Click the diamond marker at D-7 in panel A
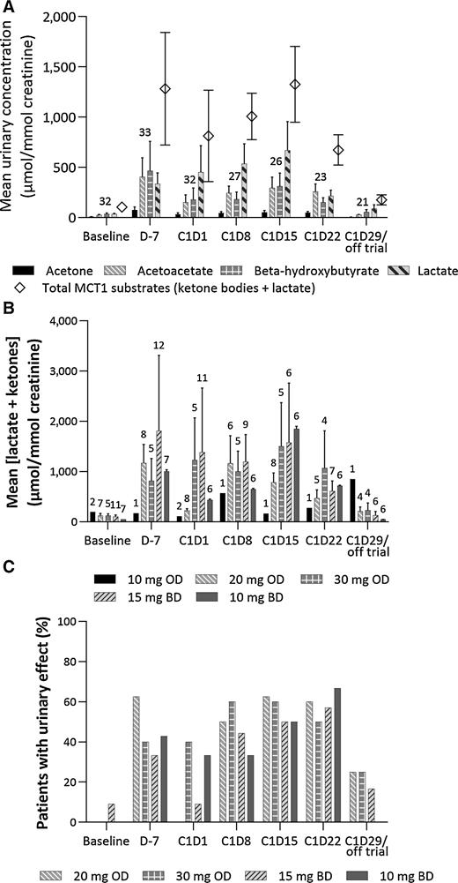pyautogui.click(x=165, y=89)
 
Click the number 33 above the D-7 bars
pyautogui.click(x=146, y=132)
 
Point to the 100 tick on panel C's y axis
pyautogui.click(x=62, y=622)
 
